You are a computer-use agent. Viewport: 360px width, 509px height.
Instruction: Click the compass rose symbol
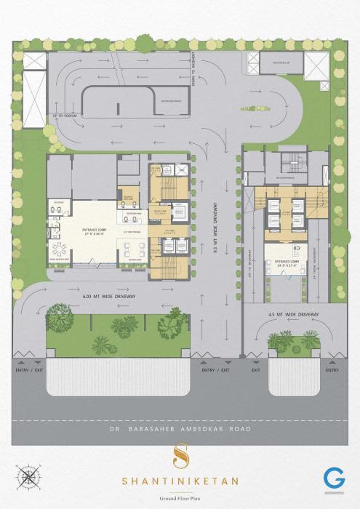pos(29,477)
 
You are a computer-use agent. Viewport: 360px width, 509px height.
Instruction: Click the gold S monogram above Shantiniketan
pos(179,457)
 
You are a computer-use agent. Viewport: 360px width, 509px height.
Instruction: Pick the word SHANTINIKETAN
pos(179,481)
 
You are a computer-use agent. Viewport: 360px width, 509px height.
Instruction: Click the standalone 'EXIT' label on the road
pos(256,370)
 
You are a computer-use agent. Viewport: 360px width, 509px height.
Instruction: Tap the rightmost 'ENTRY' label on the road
pos(332,370)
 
